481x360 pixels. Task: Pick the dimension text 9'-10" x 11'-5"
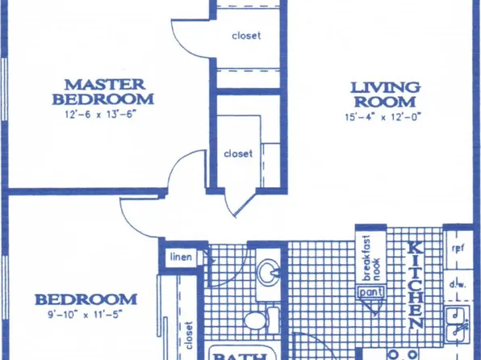(81, 316)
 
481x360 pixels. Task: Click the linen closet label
(180, 257)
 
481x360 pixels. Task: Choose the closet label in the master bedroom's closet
(246, 36)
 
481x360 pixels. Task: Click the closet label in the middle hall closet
(238, 153)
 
